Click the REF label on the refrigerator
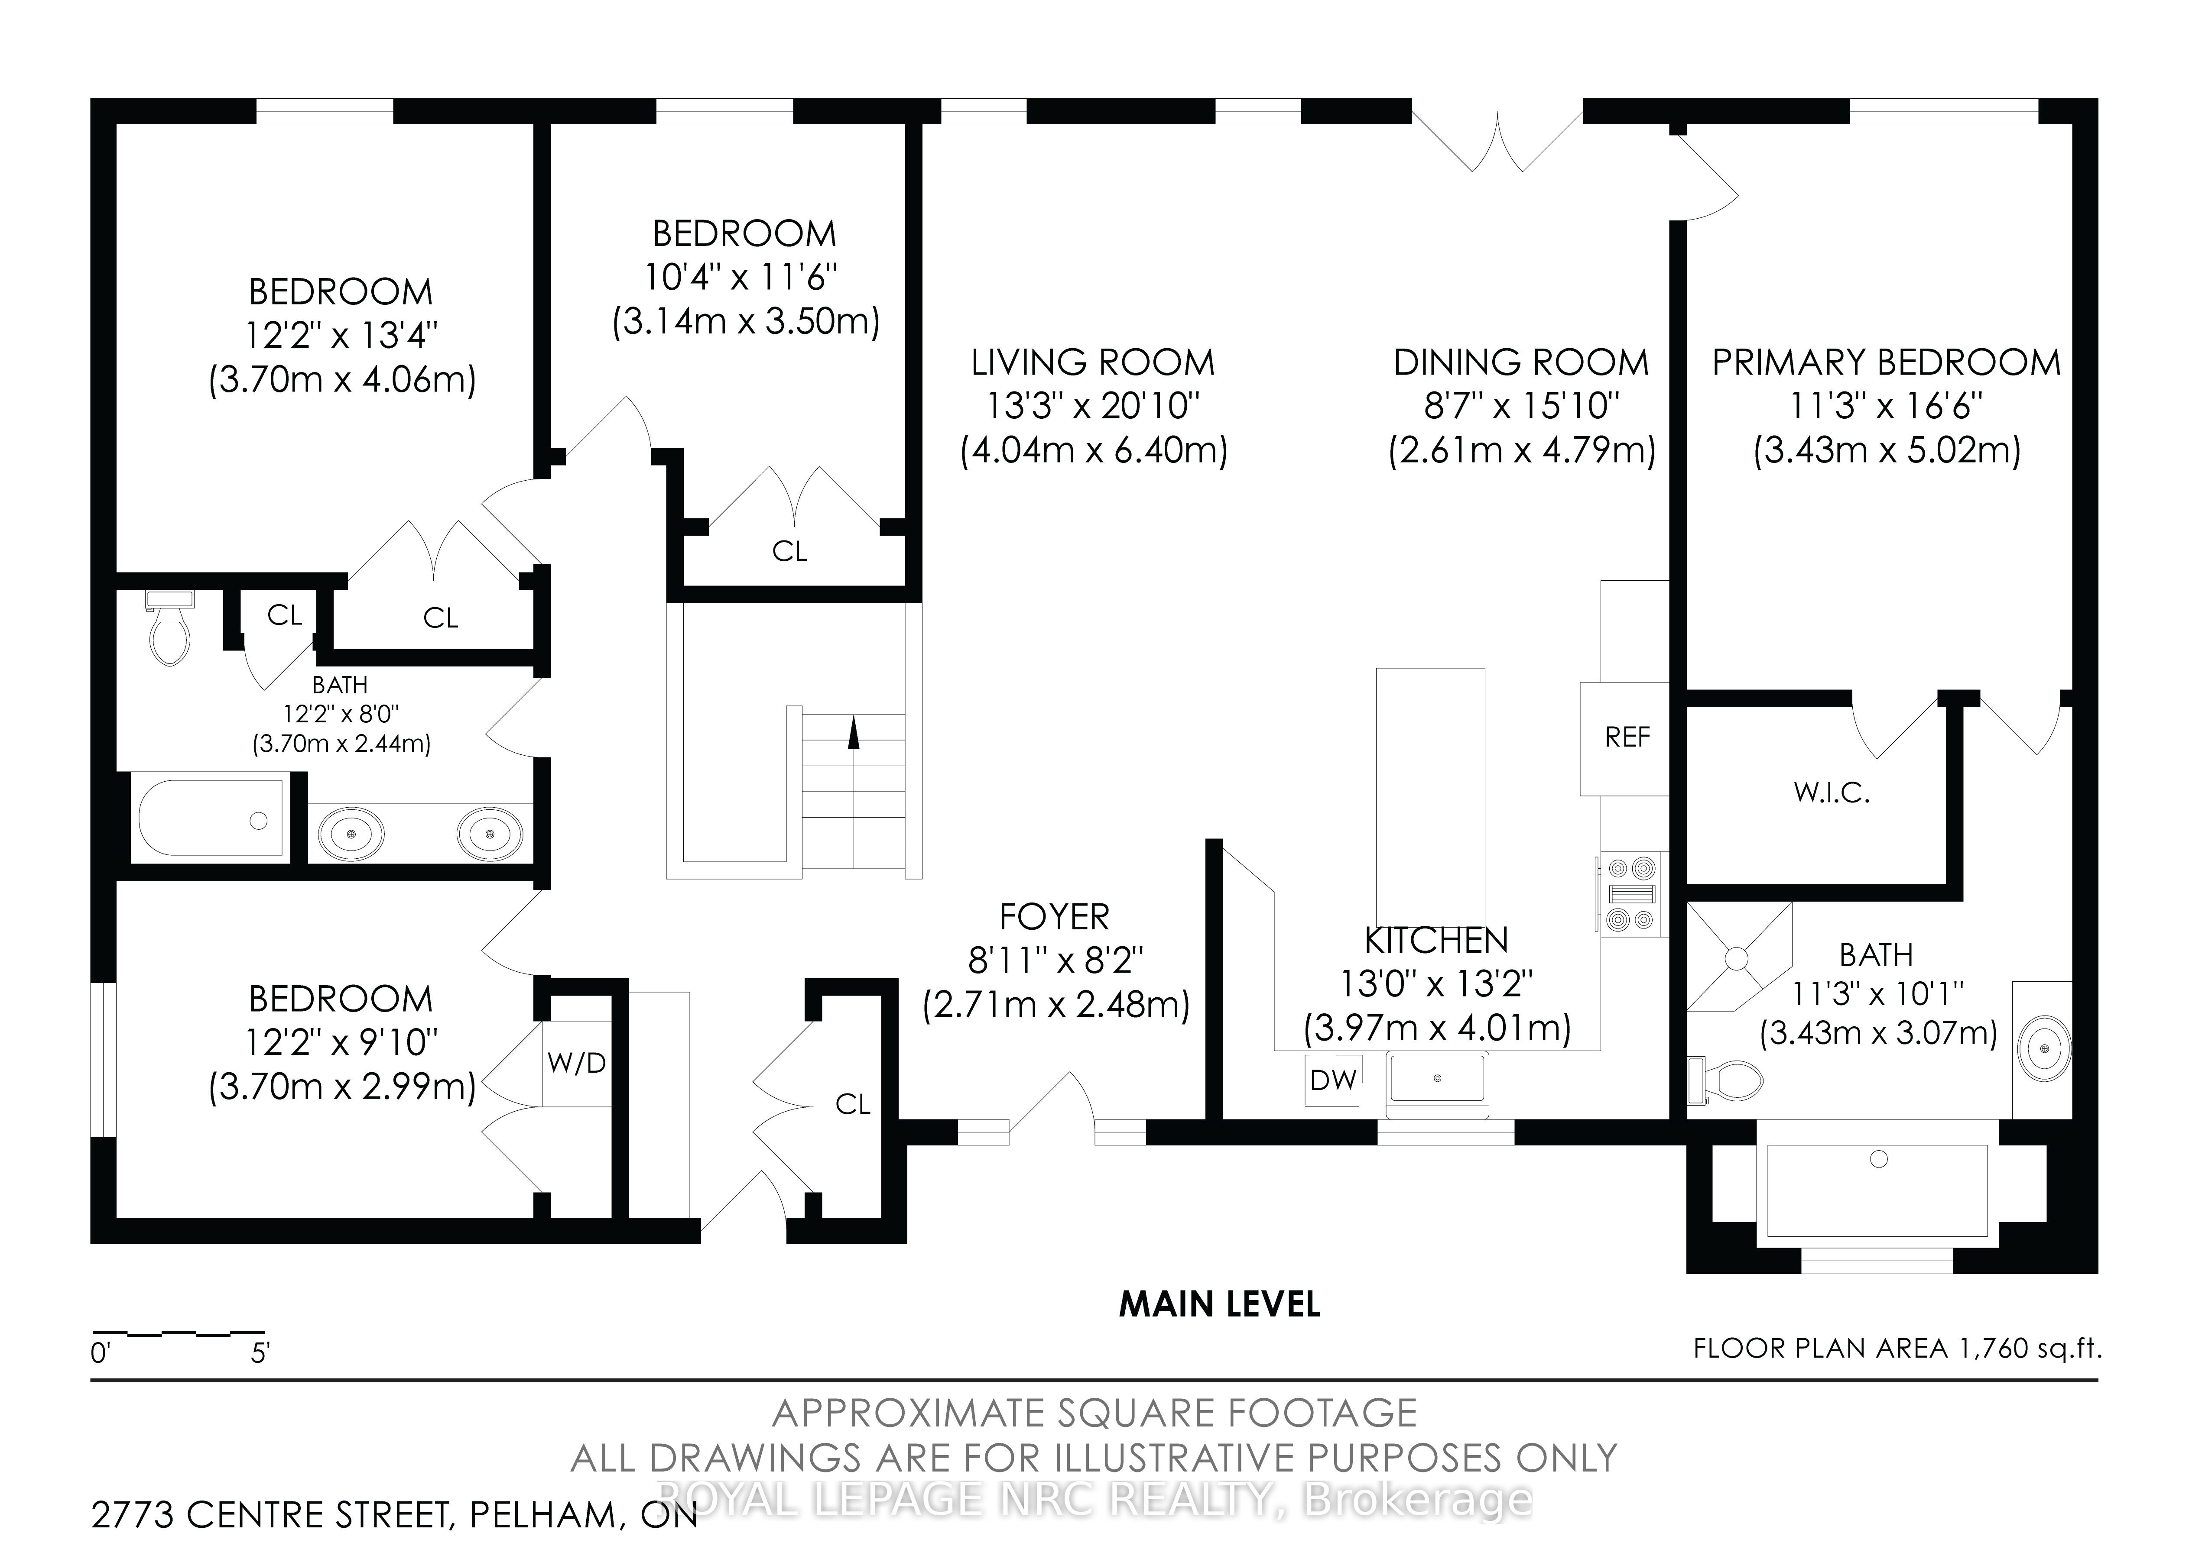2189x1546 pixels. tap(1627, 737)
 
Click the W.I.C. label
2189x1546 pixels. tap(1832, 793)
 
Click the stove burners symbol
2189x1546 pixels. tap(1630, 893)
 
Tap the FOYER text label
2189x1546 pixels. tap(1055, 917)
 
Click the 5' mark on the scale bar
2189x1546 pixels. tap(260, 1352)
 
